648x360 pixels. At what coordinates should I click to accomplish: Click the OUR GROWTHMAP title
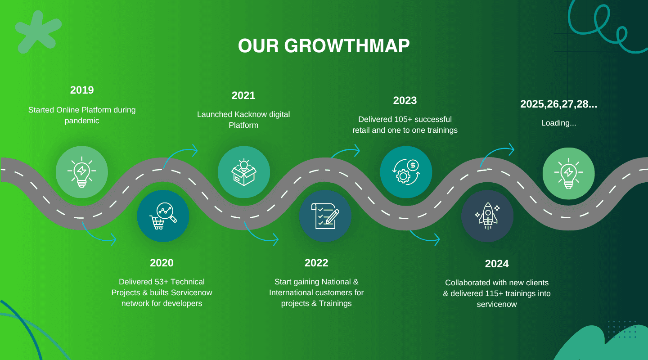click(324, 46)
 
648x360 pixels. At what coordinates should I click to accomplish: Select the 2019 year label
click(82, 90)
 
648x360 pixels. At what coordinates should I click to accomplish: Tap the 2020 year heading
click(162, 263)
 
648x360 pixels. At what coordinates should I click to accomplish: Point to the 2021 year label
click(243, 95)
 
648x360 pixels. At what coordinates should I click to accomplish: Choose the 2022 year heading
click(316, 263)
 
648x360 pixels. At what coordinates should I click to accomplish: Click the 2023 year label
click(405, 100)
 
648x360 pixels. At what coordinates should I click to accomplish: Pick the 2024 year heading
click(497, 264)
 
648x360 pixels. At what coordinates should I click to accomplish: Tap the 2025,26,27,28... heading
click(558, 104)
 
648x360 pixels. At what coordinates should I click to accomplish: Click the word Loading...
click(556, 123)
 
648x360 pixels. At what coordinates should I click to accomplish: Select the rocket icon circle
click(487, 216)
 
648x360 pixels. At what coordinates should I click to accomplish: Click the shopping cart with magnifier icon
click(163, 216)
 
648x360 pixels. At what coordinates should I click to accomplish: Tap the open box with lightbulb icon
click(244, 172)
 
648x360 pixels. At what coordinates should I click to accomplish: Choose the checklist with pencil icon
click(325, 216)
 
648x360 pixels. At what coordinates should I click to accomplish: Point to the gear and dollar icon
click(406, 172)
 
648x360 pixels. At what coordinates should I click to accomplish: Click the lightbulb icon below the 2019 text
click(82, 172)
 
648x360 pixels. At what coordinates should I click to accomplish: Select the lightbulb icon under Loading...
click(568, 174)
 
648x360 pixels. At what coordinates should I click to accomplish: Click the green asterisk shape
click(39, 32)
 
